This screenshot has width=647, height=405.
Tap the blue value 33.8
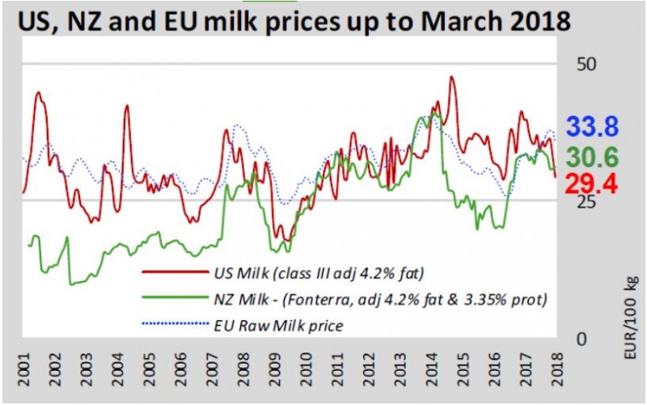[592, 127]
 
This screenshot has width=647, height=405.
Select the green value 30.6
[592, 156]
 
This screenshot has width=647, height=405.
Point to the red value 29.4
[592, 184]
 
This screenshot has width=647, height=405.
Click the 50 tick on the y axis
[583, 64]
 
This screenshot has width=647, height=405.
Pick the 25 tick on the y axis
[583, 201]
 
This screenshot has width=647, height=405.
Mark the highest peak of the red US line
[450, 78]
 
